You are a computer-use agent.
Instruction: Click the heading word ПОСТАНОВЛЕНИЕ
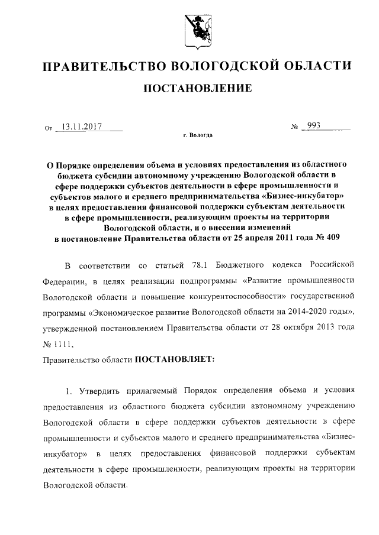(x=195, y=89)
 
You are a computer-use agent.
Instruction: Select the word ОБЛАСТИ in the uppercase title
(x=315, y=66)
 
